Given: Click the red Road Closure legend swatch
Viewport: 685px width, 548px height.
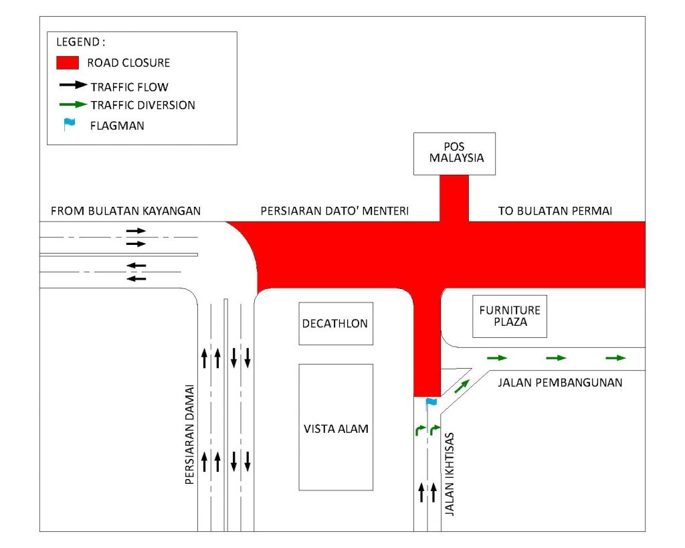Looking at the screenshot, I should (68, 64).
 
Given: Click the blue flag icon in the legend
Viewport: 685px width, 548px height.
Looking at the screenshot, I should (68, 124).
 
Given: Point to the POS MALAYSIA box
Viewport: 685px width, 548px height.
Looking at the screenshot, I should (454, 153).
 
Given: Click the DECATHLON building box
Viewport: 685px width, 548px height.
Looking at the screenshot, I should (335, 324).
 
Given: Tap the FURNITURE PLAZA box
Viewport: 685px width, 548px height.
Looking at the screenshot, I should (510, 316).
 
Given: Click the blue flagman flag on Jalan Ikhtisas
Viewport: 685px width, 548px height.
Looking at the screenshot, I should (431, 402).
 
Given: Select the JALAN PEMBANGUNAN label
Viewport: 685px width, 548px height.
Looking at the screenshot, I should (560, 383).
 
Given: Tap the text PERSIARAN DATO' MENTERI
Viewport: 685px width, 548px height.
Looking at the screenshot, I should (334, 211).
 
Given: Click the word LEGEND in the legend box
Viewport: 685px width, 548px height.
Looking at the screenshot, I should (76, 41).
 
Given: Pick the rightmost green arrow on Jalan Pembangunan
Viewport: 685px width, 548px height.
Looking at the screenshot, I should (615, 358).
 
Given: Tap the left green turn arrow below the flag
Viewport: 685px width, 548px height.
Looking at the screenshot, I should (419, 429).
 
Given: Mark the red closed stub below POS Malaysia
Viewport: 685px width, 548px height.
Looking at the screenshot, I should (454, 198).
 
